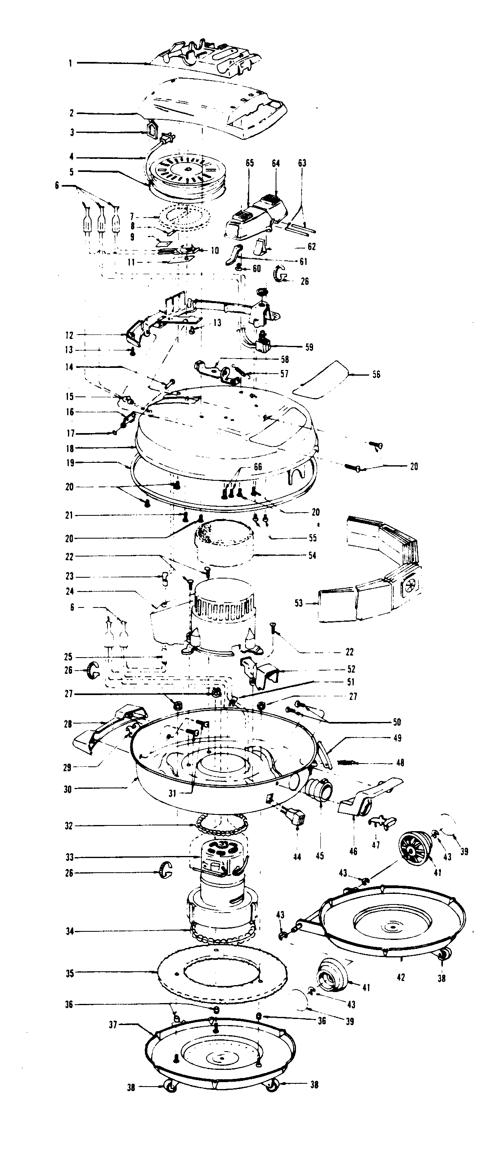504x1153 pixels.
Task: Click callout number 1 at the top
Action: [x=70, y=64]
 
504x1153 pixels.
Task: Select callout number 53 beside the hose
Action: [x=299, y=603]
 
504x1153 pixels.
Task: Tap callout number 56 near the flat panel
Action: [x=377, y=374]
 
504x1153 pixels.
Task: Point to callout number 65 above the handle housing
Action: [x=250, y=163]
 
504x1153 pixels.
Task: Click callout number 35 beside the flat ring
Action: [x=70, y=973]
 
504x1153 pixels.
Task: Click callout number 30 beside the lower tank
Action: [x=68, y=789]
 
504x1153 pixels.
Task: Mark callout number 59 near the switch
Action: [x=309, y=347]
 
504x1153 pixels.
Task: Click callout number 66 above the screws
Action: [x=258, y=467]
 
